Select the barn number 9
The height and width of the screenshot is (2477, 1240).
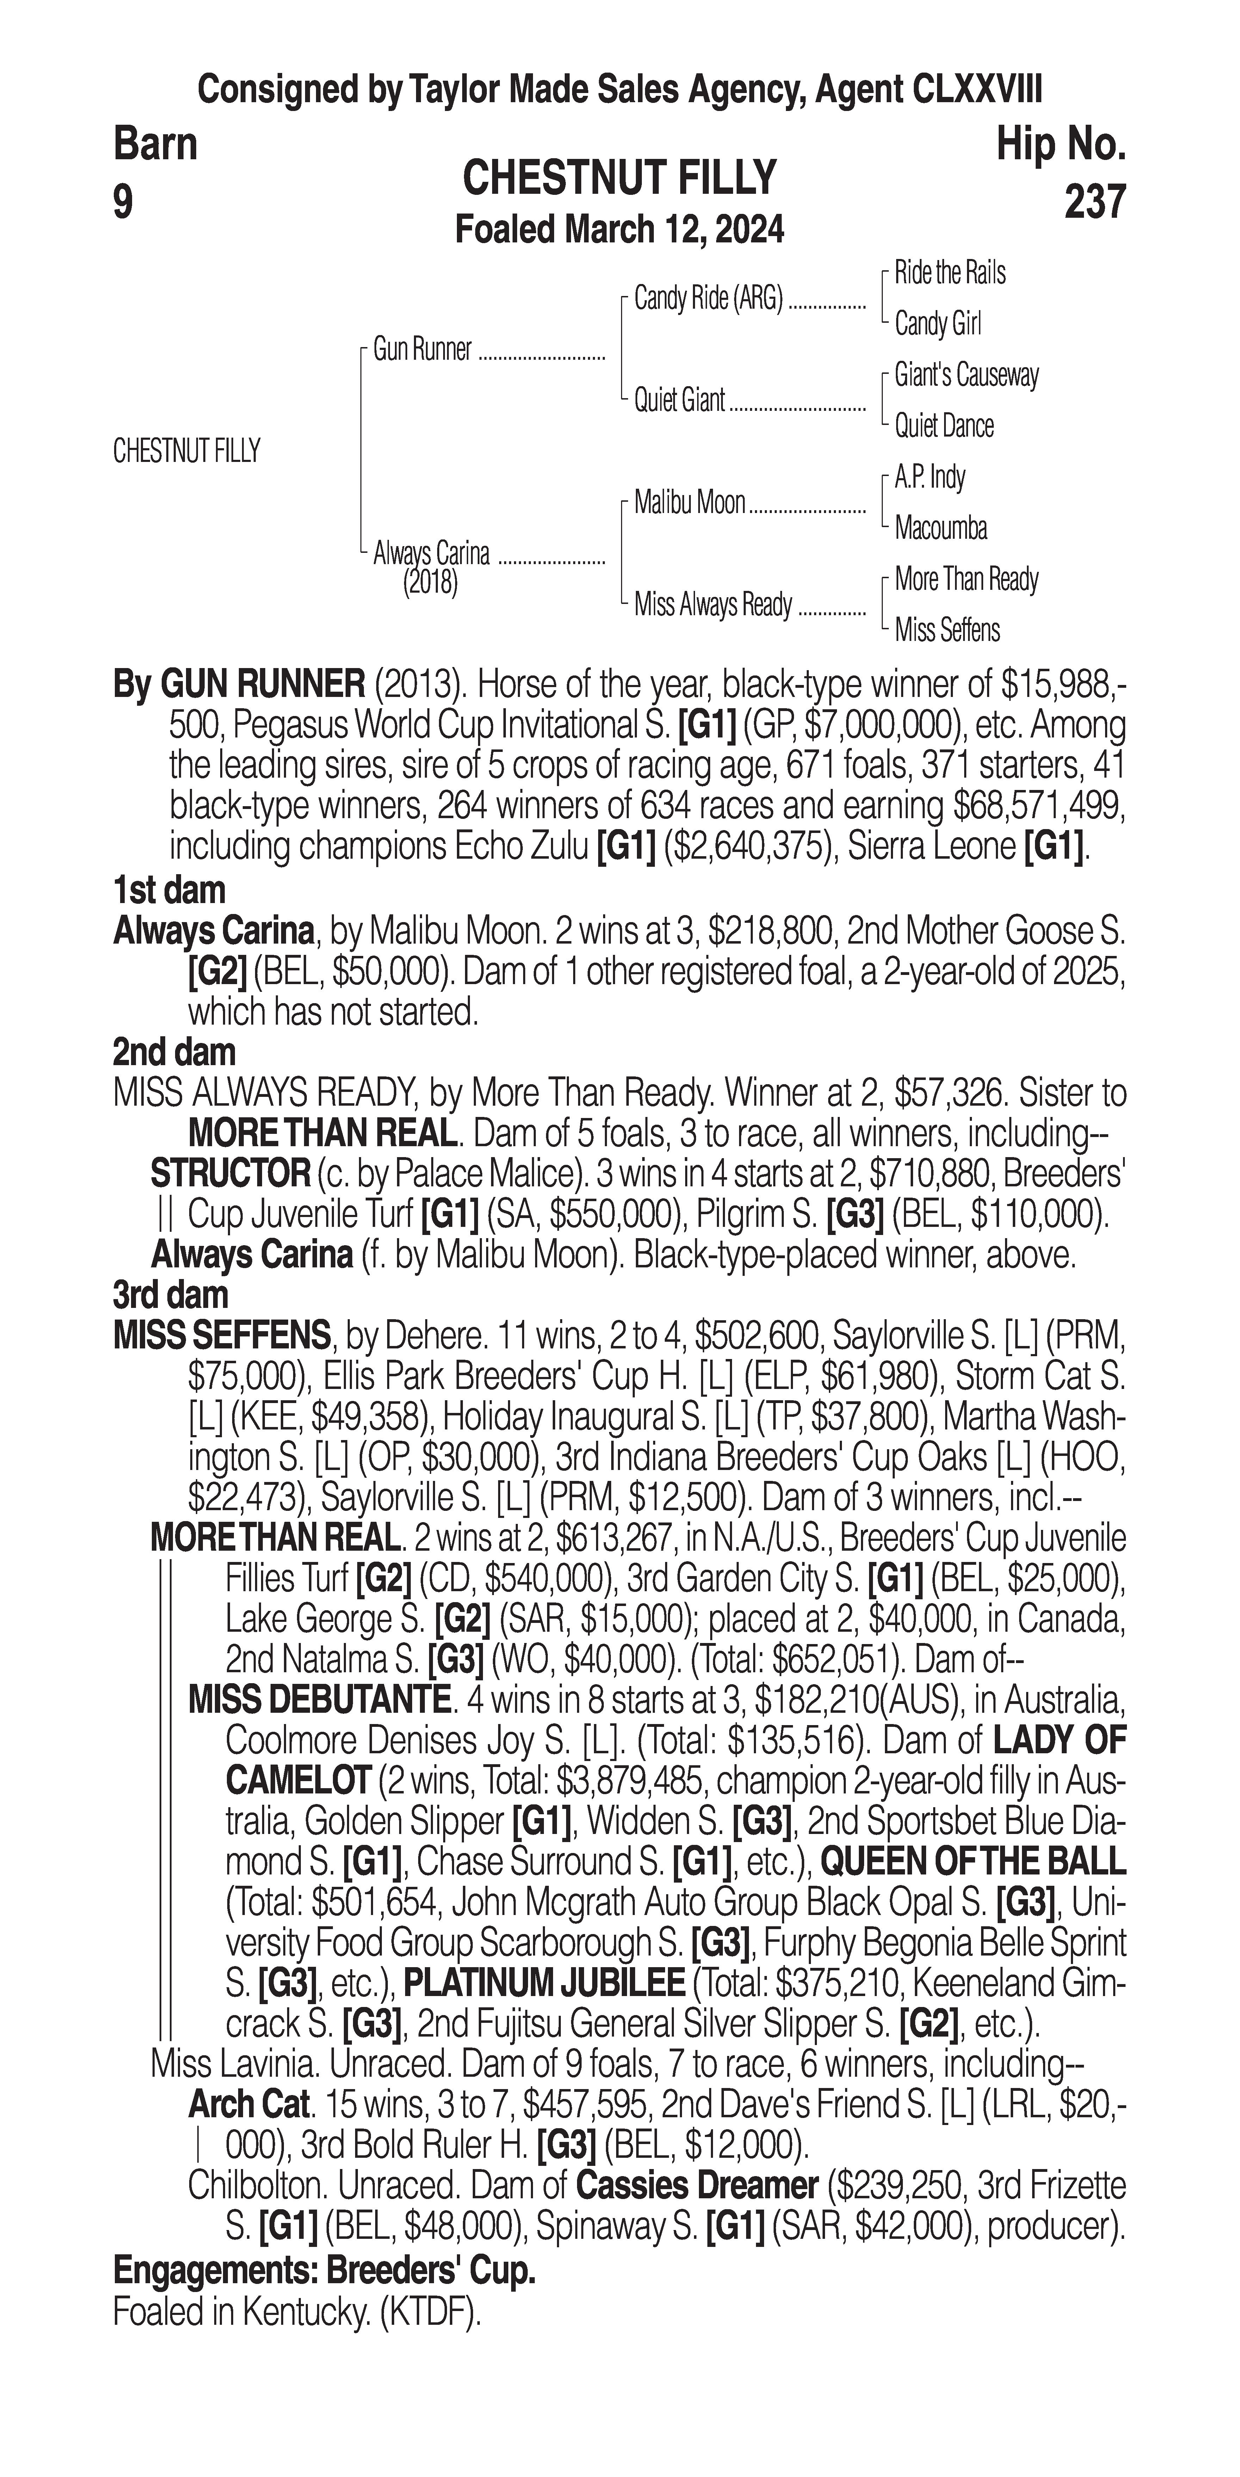coord(123,202)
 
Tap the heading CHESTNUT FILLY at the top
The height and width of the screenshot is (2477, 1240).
coord(619,178)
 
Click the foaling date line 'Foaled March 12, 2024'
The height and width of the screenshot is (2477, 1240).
coord(619,230)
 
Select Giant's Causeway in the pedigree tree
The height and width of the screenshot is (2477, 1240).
coord(966,375)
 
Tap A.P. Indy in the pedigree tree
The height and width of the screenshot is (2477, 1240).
coord(930,477)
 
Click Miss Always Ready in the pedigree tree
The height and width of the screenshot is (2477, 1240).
coord(712,605)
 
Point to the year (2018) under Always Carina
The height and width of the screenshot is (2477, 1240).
coord(430,583)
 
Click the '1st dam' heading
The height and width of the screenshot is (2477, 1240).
coord(169,890)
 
